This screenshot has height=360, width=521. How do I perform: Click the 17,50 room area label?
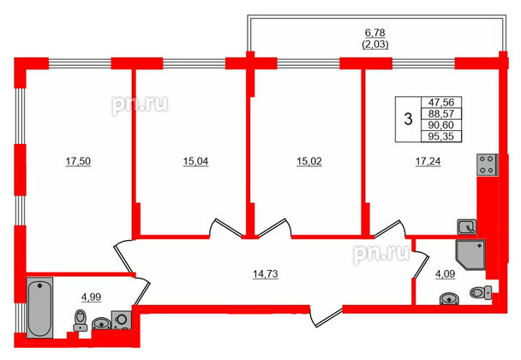pyautogui.click(x=80, y=159)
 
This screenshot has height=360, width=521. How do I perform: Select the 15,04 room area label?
pyautogui.click(x=191, y=159)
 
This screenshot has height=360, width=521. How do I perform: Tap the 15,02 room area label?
pyautogui.click(x=303, y=159)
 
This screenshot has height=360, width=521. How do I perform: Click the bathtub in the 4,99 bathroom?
pyautogui.click(x=39, y=309)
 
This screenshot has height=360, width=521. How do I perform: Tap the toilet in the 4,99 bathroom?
pyautogui.click(x=80, y=321)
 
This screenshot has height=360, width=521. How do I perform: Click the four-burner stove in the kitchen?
pyautogui.click(x=488, y=164)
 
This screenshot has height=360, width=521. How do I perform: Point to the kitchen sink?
pyautogui.click(x=468, y=226)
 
